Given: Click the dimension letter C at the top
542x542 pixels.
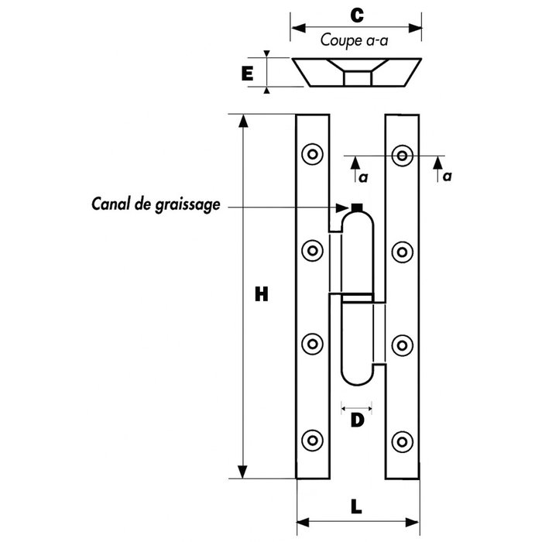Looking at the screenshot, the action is coord(357,15).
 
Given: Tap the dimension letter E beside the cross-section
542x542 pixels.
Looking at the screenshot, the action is coord(247,74).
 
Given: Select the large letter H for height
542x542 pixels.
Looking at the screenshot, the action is coord(262,294).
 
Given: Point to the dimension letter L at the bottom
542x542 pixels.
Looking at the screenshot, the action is coord(356,506).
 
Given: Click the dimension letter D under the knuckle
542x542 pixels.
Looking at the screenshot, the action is coord(357,420).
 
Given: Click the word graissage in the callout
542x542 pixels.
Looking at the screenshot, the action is coord(187,205).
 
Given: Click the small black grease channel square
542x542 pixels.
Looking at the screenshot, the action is coord(357,208).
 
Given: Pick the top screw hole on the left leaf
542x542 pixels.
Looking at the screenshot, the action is coord(313,154).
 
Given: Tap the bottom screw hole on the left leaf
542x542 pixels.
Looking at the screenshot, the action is coord(313,441).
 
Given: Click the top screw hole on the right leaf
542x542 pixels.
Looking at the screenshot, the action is coord(402,156).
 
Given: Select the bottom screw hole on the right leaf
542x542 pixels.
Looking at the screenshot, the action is coord(402,442).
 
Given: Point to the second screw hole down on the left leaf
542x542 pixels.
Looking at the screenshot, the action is coord(313,250).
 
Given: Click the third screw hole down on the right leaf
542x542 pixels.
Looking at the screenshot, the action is coord(402,345).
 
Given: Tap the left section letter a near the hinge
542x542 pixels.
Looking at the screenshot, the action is coord(363,177).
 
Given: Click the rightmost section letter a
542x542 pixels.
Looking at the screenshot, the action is coord(447,177).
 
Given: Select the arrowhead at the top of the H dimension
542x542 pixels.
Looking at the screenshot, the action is coord(243,121).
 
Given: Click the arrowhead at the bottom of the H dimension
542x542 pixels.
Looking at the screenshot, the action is coord(242,472).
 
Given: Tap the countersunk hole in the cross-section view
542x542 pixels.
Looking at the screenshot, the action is coord(358,72).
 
